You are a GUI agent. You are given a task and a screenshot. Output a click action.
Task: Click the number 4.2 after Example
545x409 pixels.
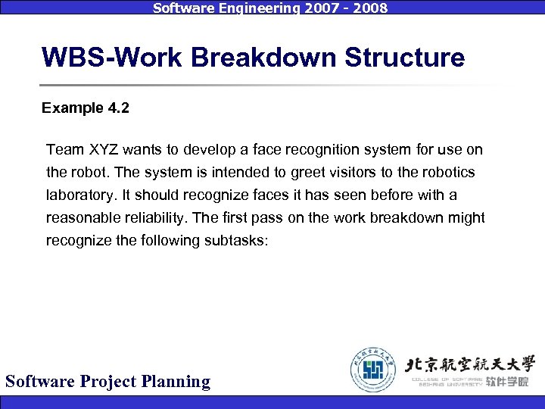[x=117, y=108]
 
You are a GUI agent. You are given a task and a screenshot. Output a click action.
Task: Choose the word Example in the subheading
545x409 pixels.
[x=71, y=108]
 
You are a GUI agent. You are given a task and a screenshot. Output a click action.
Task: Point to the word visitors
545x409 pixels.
[x=365, y=173]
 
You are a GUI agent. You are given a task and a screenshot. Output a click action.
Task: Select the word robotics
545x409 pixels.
[x=449, y=173]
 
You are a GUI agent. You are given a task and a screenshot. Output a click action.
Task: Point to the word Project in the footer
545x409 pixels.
[x=112, y=381]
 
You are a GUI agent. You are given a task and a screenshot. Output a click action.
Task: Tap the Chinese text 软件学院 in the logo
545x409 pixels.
[x=508, y=381]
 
